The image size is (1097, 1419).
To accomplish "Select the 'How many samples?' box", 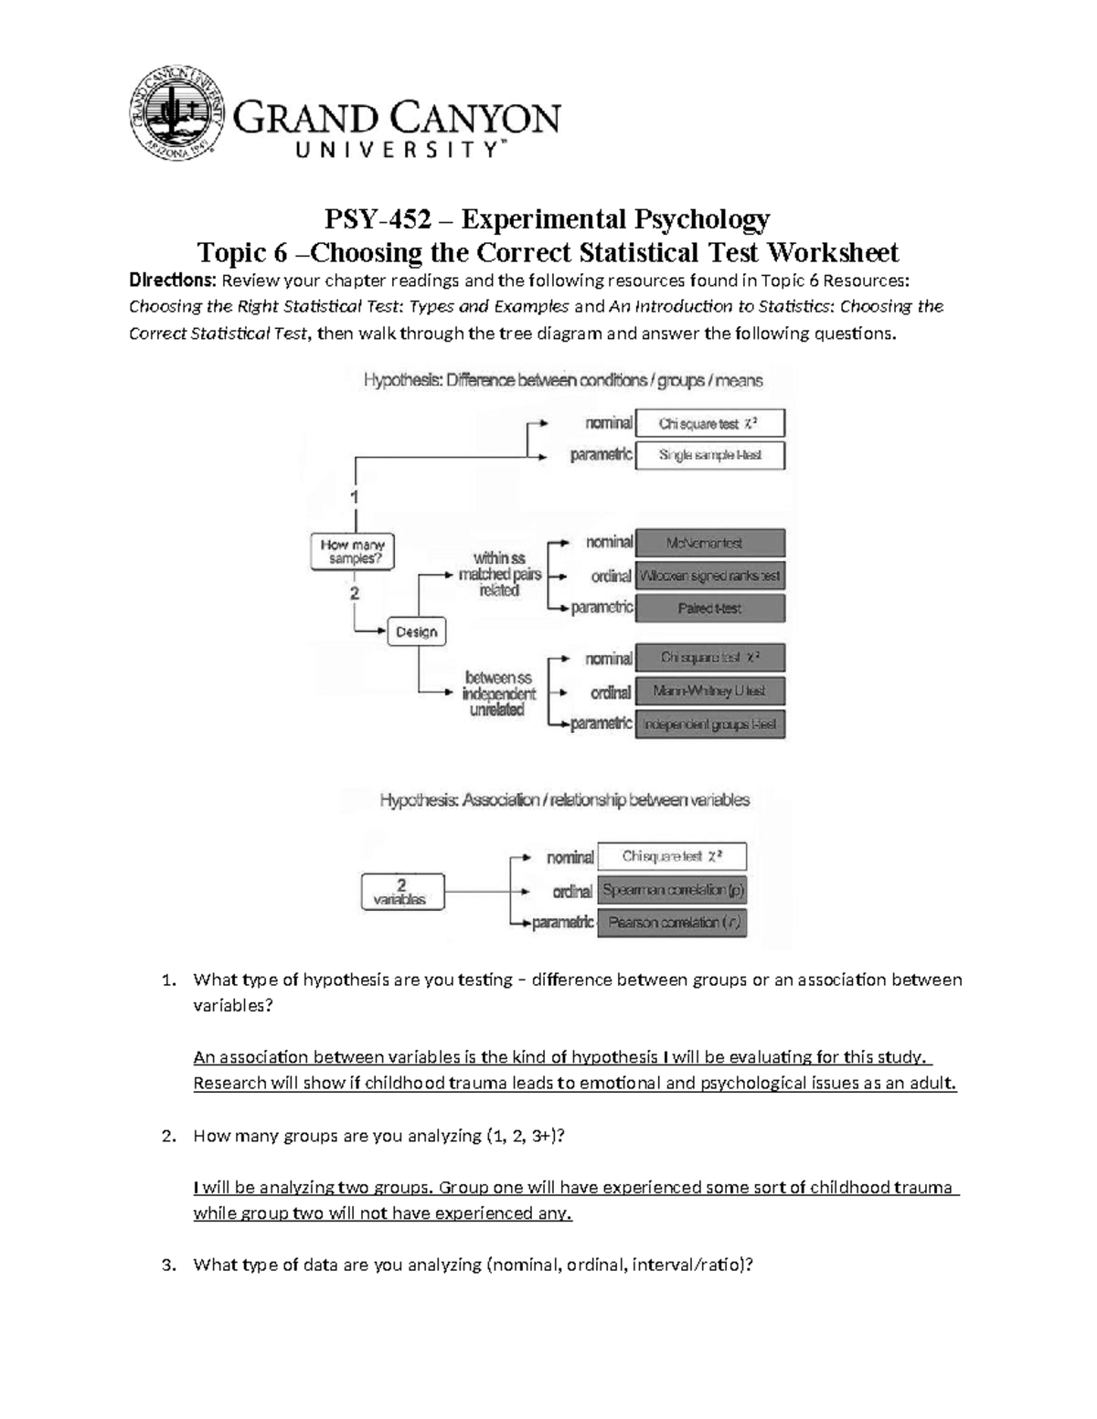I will point(353,551).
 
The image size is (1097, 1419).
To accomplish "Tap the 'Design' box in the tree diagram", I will point(417,631).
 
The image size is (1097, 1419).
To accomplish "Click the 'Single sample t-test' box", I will point(709,455).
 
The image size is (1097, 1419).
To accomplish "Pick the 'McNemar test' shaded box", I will point(709,543).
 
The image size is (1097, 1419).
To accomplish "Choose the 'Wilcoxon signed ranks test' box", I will point(709,576).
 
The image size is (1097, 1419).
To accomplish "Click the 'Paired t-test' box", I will point(709,608).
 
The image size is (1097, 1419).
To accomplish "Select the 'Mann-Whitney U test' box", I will point(709,691).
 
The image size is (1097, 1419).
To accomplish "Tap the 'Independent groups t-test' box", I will point(709,724).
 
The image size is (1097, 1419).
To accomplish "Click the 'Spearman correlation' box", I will point(672,889).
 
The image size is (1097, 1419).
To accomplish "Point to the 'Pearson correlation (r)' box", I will point(672,922).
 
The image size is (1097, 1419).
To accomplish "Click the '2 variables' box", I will point(401,892).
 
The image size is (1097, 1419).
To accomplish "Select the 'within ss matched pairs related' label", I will point(499,574).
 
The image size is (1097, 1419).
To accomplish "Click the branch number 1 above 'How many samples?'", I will point(355,497).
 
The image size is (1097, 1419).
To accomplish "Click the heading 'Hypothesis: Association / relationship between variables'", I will point(564,800).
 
